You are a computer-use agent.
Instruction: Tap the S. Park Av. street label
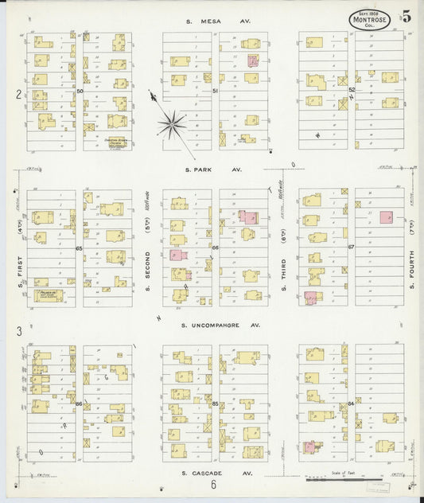click(x=212, y=170)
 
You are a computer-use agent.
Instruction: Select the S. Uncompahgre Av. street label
click(x=213, y=325)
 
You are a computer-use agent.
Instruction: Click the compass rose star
click(x=172, y=123)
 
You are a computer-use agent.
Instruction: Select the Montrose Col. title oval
click(x=369, y=20)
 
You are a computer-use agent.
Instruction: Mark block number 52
click(x=351, y=90)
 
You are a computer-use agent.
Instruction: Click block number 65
click(x=80, y=248)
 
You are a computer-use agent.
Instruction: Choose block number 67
click(x=350, y=248)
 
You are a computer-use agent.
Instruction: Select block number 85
click(x=216, y=404)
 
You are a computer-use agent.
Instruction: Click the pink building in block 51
click(x=253, y=60)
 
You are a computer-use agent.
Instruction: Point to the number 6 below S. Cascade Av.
click(x=213, y=485)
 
